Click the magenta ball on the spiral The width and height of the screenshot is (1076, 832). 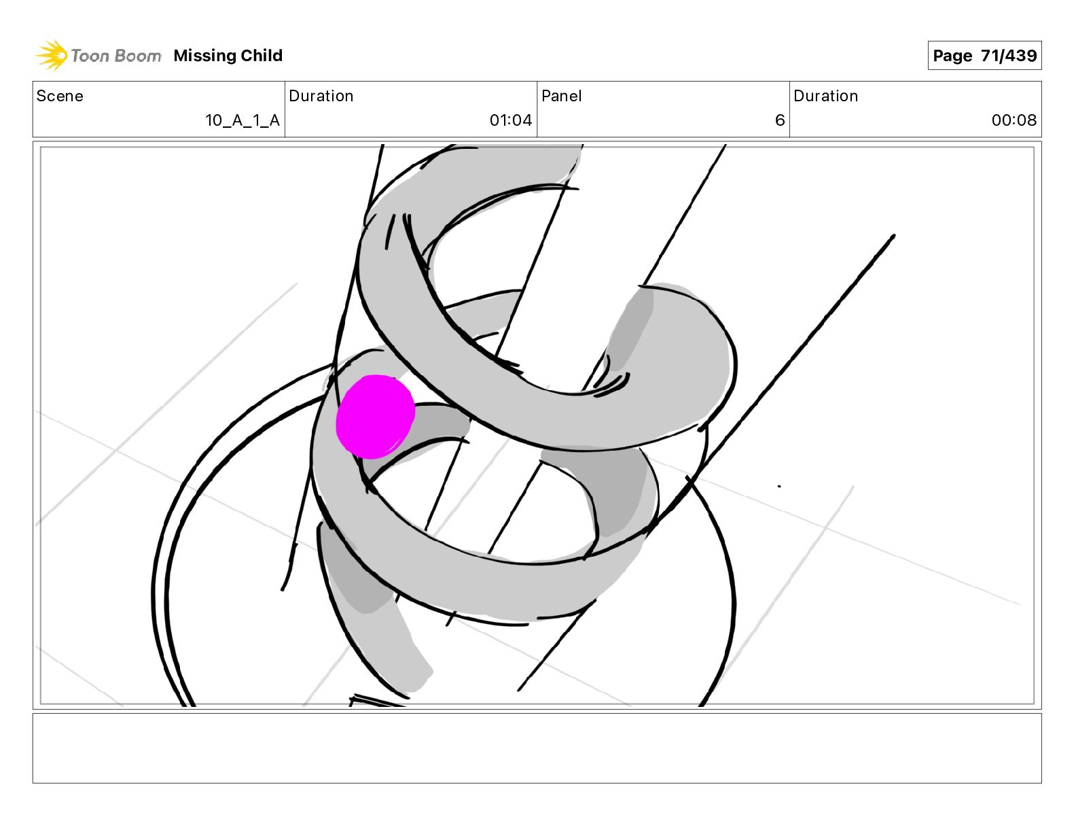tap(375, 417)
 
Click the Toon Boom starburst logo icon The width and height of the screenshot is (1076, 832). tap(51, 55)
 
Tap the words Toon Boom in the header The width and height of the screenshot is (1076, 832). tap(116, 56)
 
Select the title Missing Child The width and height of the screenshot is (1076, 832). tap(228, 56)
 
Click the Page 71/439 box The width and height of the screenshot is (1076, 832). tap(984, 56)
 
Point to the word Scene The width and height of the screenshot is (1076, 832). tap(60, 96)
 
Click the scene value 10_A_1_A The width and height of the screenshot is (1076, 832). tap(243, 120)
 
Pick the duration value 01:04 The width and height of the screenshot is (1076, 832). tap(511, 120)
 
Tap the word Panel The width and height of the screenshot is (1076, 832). tap(562, 96)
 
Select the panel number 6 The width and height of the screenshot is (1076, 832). tap(780, 120)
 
